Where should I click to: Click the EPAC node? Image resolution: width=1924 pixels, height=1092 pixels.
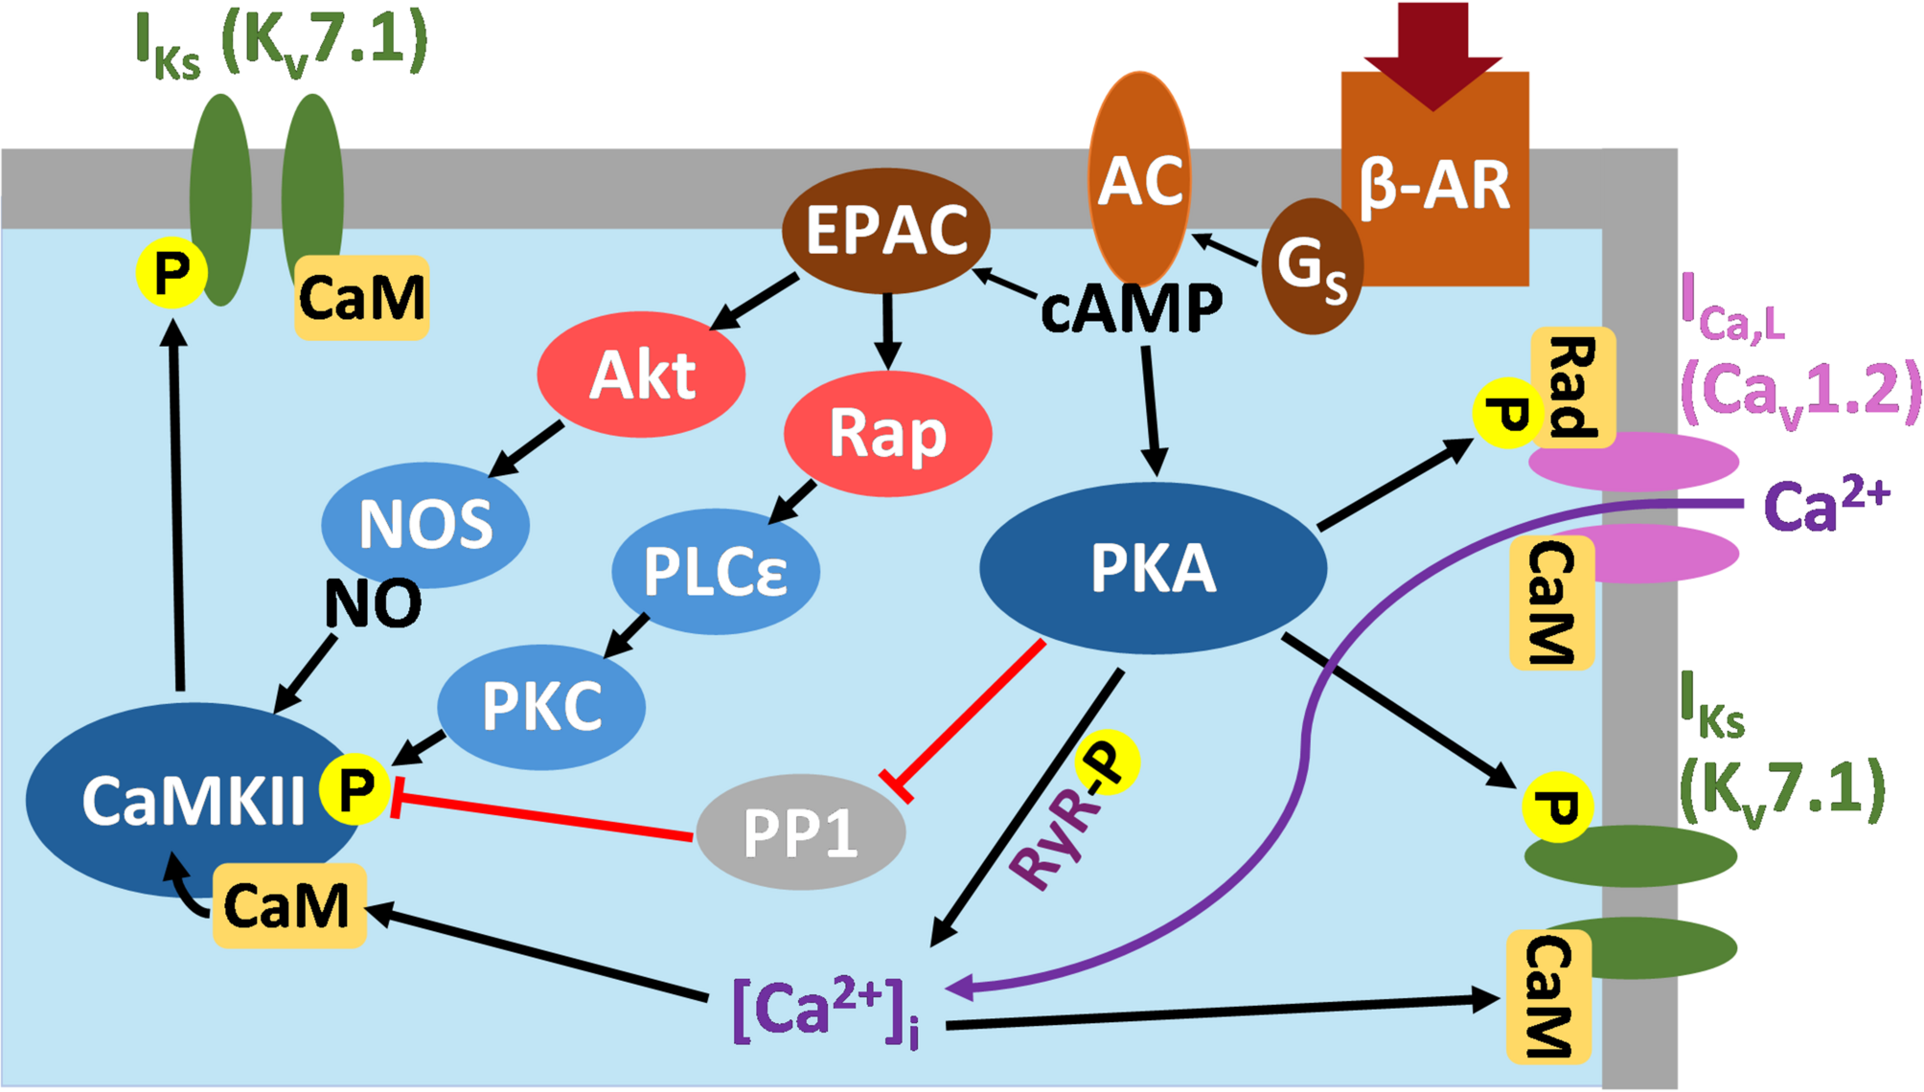886,231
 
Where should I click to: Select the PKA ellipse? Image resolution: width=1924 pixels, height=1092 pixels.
1153,568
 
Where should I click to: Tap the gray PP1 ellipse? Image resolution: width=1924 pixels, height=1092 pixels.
800,832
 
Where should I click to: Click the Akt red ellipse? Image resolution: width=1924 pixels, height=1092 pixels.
641,375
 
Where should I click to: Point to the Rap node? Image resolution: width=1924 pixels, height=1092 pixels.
887,434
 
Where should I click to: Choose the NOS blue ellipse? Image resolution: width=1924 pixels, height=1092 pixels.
425,525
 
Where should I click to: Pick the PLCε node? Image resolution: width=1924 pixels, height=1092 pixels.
716,572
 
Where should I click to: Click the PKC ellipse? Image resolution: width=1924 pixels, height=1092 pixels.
541,707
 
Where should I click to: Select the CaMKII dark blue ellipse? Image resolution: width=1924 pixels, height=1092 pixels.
182,801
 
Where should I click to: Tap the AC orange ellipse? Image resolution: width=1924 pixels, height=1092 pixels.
1139,180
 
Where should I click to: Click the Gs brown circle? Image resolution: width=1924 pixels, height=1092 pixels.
1312,266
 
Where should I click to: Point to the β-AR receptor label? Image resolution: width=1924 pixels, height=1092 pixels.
1434,185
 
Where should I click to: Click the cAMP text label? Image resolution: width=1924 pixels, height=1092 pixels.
1132,309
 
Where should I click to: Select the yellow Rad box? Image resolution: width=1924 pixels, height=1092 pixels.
1573,387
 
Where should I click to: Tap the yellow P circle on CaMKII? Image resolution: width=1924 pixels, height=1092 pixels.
355,789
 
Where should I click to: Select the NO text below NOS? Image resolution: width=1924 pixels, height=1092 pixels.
373,603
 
